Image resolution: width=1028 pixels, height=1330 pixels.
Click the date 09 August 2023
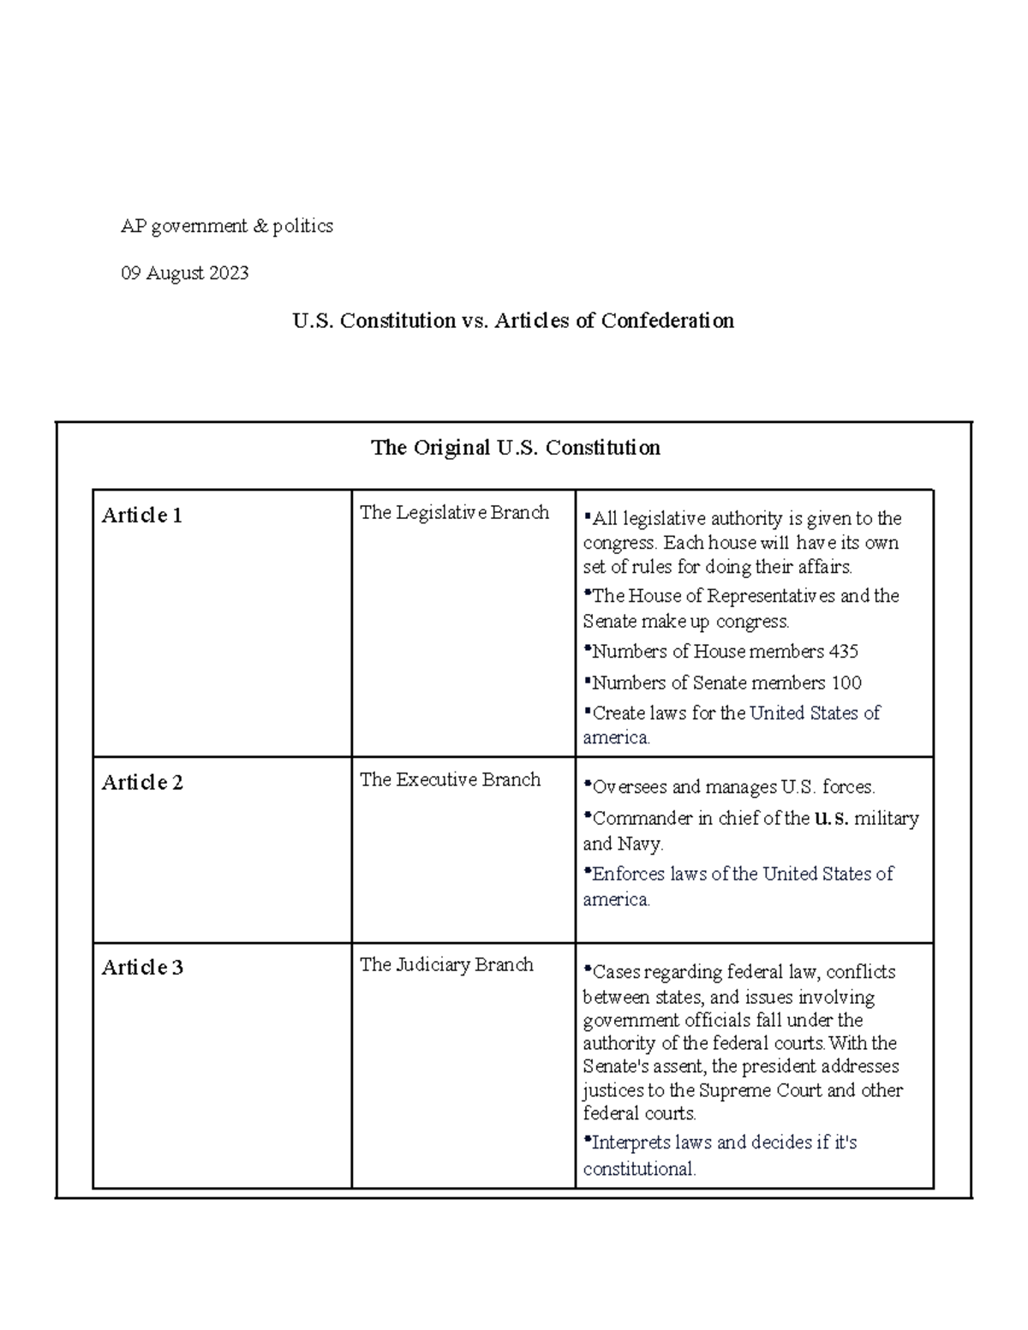184,273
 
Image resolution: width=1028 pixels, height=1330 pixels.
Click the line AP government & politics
226,226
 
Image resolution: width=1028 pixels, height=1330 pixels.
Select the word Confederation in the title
666,320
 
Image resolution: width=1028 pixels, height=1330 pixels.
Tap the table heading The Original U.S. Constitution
515,447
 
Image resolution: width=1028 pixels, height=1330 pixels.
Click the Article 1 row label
141,515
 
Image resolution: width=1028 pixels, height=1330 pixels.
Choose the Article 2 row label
142,782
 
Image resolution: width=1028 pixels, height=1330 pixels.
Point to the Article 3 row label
142,967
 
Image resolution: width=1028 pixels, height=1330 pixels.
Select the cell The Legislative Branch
454,512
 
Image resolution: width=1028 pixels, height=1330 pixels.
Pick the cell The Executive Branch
450,779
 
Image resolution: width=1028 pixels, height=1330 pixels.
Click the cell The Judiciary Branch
446,964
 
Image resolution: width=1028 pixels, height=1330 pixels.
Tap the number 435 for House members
843,651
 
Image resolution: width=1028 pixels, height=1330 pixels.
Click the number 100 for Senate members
846,683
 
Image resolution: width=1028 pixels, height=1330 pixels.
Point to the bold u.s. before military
831,818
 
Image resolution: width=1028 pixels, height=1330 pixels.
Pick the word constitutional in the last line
638,1168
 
